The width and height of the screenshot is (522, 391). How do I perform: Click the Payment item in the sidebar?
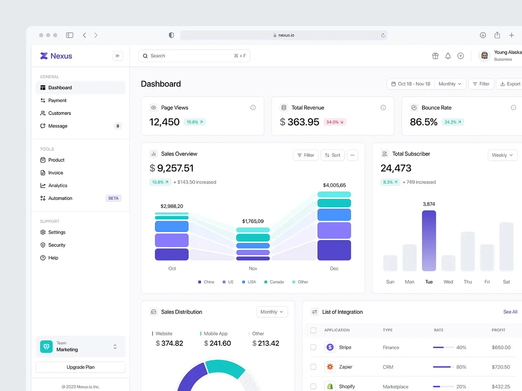(57, 100)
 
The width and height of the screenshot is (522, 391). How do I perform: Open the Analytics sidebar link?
(57, 186)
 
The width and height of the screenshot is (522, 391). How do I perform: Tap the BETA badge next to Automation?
(113, 198)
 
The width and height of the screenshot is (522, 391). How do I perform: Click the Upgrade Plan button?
(80, 367)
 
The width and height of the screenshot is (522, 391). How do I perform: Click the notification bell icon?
(448, 56)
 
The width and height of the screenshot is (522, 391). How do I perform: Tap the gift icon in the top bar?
(435, 56)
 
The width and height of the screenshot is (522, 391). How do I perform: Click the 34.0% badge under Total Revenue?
(335, 122)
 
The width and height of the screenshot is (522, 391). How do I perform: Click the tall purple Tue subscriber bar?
(428, 241)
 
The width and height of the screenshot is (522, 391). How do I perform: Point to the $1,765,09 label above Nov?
(253, 221)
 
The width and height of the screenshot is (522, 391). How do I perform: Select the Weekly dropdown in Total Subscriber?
(502, 155)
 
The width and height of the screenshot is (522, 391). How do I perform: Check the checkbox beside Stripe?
(313, 347)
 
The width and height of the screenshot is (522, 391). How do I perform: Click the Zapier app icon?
(330, 367)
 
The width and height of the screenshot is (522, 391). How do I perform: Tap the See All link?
(510, 312)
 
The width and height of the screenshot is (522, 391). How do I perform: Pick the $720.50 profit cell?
(501, 367)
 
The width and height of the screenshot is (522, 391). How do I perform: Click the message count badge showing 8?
(117, 126)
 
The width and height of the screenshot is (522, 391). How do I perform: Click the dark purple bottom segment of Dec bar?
(334, 250)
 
